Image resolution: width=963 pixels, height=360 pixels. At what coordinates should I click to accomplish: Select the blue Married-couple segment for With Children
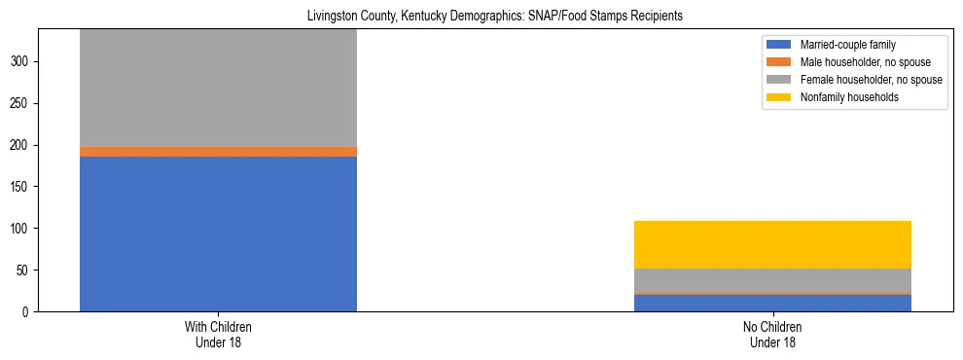pos(218,234)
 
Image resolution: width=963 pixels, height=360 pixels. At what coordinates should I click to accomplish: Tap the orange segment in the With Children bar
pos(218,152)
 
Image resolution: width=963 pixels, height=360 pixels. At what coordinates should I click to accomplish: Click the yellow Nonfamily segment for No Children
pos(772,244)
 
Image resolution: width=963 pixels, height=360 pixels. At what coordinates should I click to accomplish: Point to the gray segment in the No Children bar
pos(772,279)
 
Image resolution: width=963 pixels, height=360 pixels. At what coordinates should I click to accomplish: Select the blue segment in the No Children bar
pos(772,303)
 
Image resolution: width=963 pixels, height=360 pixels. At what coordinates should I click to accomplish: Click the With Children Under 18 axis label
pos(218,335)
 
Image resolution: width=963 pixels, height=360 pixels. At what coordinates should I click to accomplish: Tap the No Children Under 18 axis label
pos(772,335)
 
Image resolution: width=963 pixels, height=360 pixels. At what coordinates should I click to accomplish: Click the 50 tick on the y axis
pos(26,270)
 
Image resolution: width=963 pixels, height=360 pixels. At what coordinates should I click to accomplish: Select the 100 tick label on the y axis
pos(23,229)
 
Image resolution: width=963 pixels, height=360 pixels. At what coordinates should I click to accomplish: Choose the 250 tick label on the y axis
pos(23,103)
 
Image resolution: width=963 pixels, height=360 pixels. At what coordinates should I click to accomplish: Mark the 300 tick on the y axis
pos(23,61)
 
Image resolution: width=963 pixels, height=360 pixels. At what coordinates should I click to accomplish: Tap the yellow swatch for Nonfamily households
pos(779,97)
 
